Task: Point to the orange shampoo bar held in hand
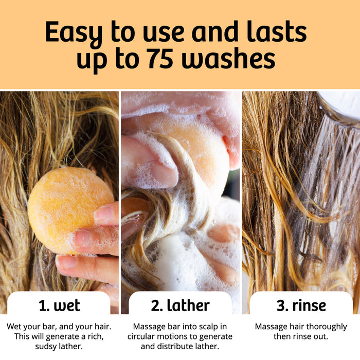pos(69,208)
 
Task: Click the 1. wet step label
pos(59,305)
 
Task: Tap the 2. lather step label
pos(180,305)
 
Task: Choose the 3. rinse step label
pos(301,305)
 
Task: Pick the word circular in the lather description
pos(144,336)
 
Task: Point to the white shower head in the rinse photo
pos(342,105)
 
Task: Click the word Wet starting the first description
pos(15,327)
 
